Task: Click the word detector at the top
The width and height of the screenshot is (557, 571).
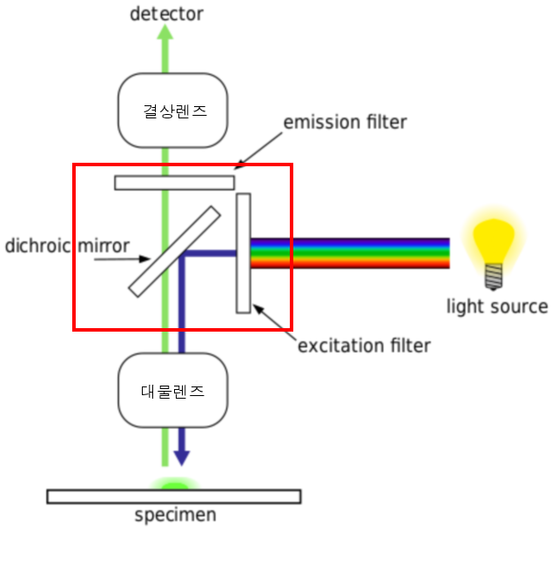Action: tap(166, 14)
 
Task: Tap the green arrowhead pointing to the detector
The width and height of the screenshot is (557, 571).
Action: tap(164, 32)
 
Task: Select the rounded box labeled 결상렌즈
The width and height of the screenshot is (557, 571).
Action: tap(173, 111)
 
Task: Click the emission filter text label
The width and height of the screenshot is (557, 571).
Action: tap(345, 122)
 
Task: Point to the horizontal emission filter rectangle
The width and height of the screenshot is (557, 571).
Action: tap(174, 183)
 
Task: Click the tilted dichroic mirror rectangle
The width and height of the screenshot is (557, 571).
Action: tap(174, 252)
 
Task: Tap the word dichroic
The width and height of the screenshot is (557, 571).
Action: tap(37, 245)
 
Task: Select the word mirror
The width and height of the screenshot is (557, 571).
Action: tap(104, 245)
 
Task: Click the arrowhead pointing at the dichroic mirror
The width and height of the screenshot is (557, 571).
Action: tap(144, 259)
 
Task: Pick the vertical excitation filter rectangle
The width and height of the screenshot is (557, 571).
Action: tap(243, 253)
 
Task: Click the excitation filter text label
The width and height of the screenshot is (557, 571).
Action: tap(364, 346)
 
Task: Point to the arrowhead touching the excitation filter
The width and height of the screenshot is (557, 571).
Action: tap(258, 309)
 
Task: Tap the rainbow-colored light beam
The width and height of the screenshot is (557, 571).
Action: tap(350, 253)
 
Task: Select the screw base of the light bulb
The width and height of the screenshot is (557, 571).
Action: tap(493, 277)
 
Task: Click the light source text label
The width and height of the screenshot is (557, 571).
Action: tap(497, 306)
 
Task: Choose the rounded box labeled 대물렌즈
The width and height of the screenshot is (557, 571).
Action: tap(173, 390)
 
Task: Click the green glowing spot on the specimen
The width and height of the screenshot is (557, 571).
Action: tap(175, 484)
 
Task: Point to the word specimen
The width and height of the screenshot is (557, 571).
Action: tap(176, 515)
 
